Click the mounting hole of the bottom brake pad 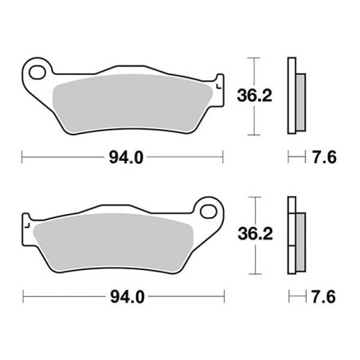coord(209,213)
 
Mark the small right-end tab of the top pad coord(217,82)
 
